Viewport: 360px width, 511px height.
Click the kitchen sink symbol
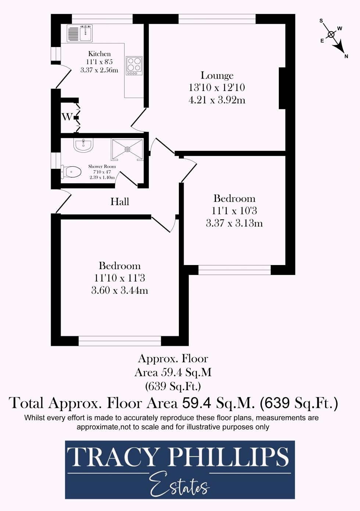click(x=80, y=33)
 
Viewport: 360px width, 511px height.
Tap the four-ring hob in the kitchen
click(x=134, y=65)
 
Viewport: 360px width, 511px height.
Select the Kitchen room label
click(x=99, y=54)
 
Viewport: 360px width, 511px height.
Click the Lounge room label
click(x=217, y=76)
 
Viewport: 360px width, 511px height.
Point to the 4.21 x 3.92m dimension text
click(x=217, y=100)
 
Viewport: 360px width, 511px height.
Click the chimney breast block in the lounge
click(x=282, y=88)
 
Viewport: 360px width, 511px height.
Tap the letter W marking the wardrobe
click(x=66, y=117)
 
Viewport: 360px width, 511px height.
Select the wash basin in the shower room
click(x=83, y=145)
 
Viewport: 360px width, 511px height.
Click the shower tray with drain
click(x=127, y=149)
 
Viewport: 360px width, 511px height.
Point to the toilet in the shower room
click(x=72, y=172)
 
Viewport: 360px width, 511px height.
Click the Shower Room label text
click(x=102, y=166)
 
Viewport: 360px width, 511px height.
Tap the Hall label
click(x=120, y=202)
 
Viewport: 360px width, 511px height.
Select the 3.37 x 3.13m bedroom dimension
click(x=234, y=223)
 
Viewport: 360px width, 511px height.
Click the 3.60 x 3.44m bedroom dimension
click(x=119, y=290)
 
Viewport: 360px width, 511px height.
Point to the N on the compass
click(x=346, y=56)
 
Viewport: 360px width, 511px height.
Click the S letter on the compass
click(x=321, y=21)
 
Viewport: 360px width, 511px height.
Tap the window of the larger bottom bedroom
click(x=120, y=341)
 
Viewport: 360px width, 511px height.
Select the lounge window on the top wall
click(x=217, y=19)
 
